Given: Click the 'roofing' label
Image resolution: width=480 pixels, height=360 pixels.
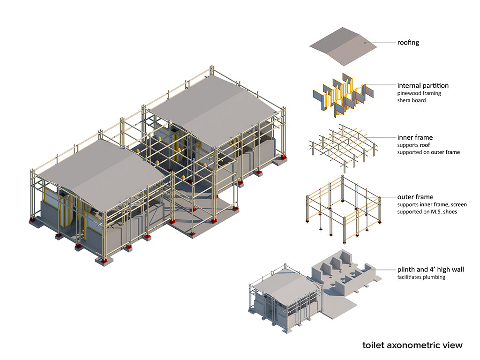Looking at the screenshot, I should point(408,43).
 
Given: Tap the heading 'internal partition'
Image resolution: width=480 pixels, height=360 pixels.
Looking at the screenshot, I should point(423,85).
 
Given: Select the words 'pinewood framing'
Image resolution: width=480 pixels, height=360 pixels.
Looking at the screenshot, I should point(419,93).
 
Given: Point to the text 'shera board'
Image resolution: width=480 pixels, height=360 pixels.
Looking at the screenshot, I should point(412,100).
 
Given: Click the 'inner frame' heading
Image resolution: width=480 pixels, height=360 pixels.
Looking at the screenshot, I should point(415,137).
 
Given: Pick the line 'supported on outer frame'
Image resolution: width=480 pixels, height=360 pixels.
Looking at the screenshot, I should point(428,152).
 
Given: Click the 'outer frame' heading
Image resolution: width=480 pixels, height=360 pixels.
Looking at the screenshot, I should point(415,197).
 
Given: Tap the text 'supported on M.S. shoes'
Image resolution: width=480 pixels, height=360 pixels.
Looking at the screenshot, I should point(427,212).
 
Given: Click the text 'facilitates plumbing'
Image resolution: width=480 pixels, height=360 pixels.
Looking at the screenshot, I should point(421,277).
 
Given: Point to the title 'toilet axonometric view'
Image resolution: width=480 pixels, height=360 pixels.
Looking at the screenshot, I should point(412,345).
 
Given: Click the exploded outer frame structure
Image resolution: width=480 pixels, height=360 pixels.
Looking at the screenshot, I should point(342,209).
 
